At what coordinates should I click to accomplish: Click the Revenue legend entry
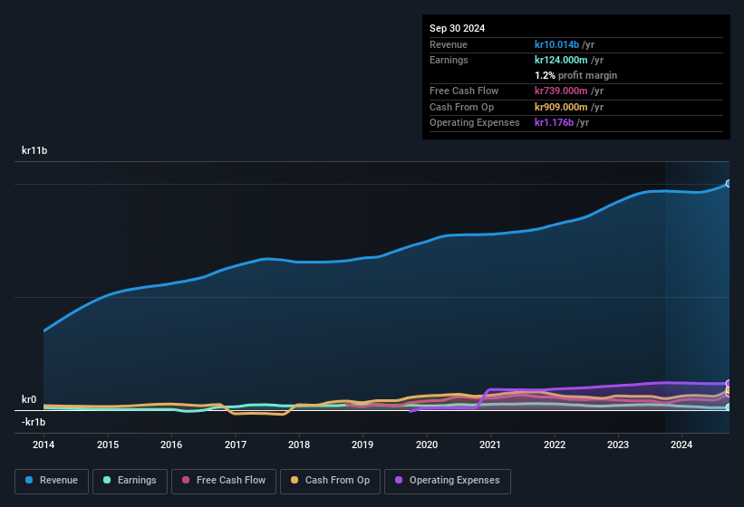click(52, 480)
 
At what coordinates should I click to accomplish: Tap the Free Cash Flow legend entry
click(224, 480)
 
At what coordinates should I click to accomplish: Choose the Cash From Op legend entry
click(329, 480)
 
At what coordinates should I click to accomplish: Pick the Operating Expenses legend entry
click(447, 480)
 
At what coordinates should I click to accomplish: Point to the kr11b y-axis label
click(34, 150)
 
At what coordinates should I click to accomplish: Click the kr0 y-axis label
click(29, 399)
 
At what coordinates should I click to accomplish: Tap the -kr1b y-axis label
click(34, 422)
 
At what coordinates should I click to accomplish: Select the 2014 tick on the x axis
click(43, 445)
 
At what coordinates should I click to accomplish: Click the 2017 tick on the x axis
click(236, 445)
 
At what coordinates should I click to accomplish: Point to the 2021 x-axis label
click(490, 445)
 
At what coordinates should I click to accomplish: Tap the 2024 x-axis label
click(681, 445)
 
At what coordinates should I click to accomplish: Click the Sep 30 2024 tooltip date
click(457, 28)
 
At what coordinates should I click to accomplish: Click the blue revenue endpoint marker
click(729, 184)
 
